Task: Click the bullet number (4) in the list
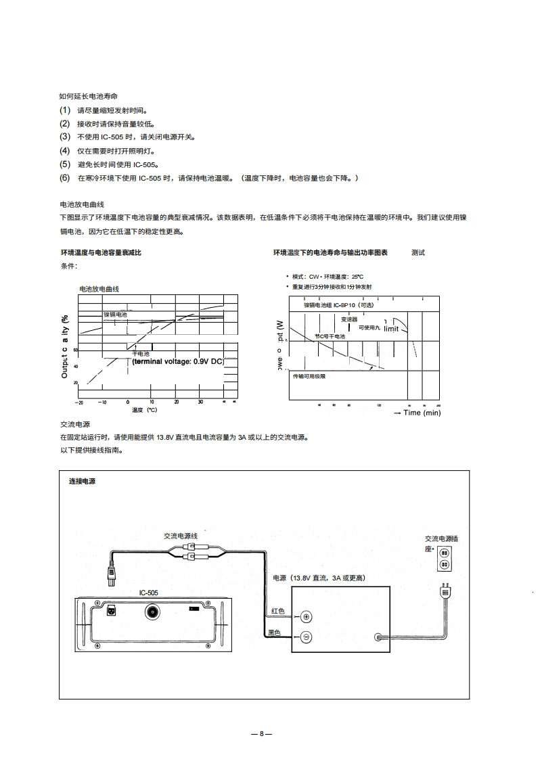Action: tap(64, 151)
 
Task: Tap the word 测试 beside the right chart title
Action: tap(418, 252)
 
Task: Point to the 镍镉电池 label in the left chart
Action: tap(115, 315)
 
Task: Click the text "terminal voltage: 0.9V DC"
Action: tap(178, 362)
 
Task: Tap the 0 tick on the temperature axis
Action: tap(127, 402)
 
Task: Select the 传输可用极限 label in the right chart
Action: tap(309, 376)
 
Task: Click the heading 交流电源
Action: tap(75, 424)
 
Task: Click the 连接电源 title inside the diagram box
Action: tap(82, 482)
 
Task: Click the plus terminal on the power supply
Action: tap(307, 616)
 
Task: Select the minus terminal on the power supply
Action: tap(307, 637)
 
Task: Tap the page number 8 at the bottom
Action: tap(261, 734)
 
